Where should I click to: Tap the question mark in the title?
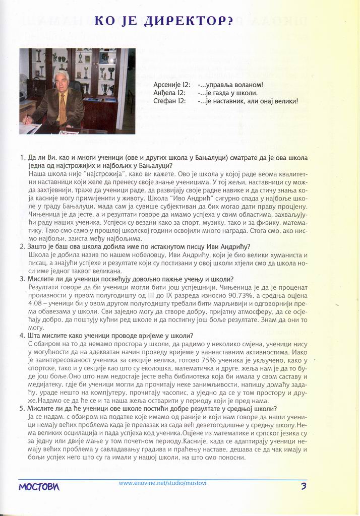(230, 21)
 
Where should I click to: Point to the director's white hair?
(62, 75)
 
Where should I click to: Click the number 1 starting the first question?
(23, 158)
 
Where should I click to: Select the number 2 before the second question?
(22, 246)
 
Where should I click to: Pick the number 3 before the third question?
(22, 279)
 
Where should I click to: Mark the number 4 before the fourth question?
(22, 336)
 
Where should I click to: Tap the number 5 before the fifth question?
(22, 409)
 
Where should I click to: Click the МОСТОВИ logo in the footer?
(39, 487)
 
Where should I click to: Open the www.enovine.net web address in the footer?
(162, 483)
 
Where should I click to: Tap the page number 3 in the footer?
(304, 486)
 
